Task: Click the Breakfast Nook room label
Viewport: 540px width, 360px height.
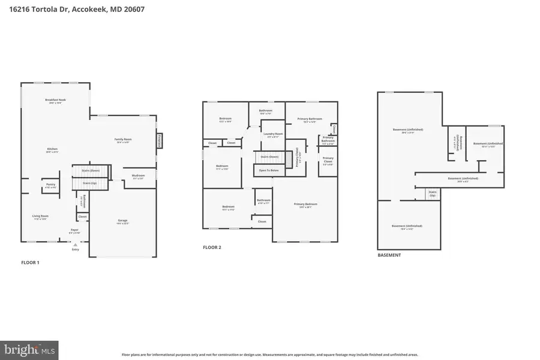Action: coord(55,100)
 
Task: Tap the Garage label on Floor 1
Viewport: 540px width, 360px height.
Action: coord(122,221)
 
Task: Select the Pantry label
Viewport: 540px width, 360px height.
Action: coord(50,185)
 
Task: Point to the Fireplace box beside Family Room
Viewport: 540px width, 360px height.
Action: coord(160,140)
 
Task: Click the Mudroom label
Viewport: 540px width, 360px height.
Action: coord(138,176)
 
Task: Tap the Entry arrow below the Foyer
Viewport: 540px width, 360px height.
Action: coord(75,245)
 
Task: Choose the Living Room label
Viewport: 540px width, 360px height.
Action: coord(40,216)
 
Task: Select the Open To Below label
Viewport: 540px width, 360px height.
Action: coord(268,170)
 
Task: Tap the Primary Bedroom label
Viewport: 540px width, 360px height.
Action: coord(305,205)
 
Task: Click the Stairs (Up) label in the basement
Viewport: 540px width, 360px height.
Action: coord(431,194)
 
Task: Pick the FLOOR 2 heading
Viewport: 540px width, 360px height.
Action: coord(212,247)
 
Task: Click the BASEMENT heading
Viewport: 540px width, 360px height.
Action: coord(389,255)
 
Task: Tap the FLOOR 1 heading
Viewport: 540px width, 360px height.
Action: coord(30,263)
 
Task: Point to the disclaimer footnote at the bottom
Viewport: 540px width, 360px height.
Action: coord(270,355)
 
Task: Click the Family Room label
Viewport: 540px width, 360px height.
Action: coord(123,140)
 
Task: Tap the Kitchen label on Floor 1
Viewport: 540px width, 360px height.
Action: coord(53,149)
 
